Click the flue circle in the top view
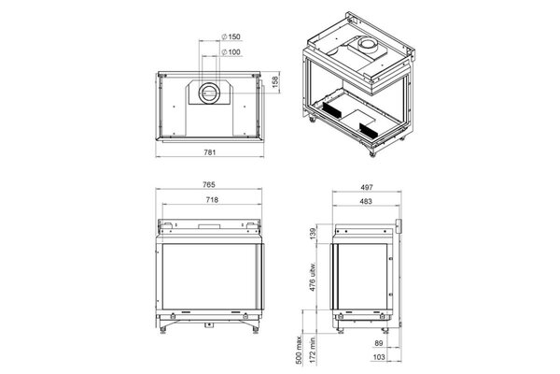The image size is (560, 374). point(210,93)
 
